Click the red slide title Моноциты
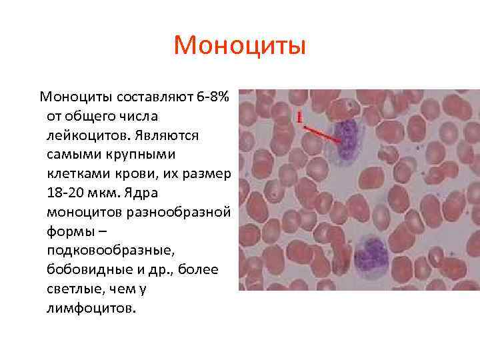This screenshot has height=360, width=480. pos(239,46)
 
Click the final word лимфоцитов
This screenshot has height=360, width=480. pos(90,309)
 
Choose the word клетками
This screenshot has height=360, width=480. pos(77,174)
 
